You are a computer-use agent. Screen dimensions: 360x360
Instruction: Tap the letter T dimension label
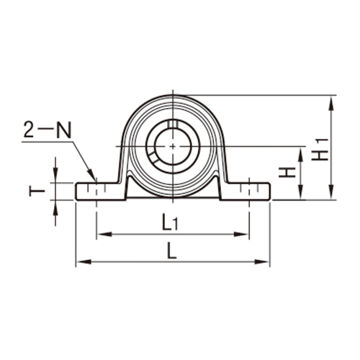[33, 191]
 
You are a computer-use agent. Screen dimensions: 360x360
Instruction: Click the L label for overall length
[171, 251]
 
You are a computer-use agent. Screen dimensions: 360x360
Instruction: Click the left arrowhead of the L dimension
[80, 262]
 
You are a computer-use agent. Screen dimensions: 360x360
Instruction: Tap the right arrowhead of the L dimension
[266, 262]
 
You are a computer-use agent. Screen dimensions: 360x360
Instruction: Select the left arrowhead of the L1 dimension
[99, 234]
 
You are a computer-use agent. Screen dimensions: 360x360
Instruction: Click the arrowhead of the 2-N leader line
[93, 177]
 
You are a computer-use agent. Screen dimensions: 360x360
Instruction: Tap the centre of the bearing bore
[174, 146]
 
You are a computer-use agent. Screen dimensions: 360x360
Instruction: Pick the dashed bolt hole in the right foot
[249, 191]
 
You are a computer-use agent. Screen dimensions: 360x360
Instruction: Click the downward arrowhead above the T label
[55, 178]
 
